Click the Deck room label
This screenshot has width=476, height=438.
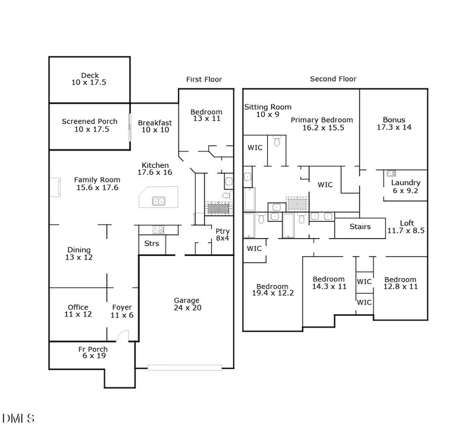(90, 79)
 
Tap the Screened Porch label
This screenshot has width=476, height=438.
(89, 125)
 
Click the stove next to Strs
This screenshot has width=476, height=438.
(158, 230)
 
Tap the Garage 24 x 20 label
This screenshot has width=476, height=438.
(187, 304)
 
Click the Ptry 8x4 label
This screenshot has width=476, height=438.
(223, 234)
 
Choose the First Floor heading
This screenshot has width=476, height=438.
(204, 79)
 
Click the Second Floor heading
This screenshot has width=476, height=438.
(333, 79)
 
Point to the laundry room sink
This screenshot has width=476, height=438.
(391, 173)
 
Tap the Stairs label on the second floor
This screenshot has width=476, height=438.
(360, 227)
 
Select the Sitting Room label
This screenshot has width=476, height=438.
(268, 111)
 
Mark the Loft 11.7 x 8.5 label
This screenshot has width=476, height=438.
(406, 227)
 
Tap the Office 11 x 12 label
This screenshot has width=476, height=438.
(78, 311)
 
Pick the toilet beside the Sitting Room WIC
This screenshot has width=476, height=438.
(277, 141)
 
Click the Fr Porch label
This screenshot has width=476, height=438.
(93, 352)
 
